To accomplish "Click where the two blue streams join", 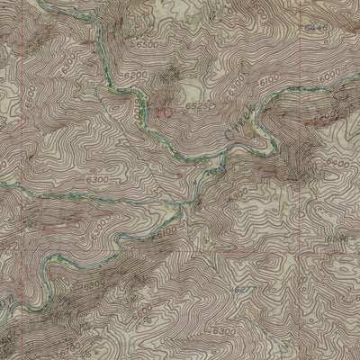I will [x=184, y=207].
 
